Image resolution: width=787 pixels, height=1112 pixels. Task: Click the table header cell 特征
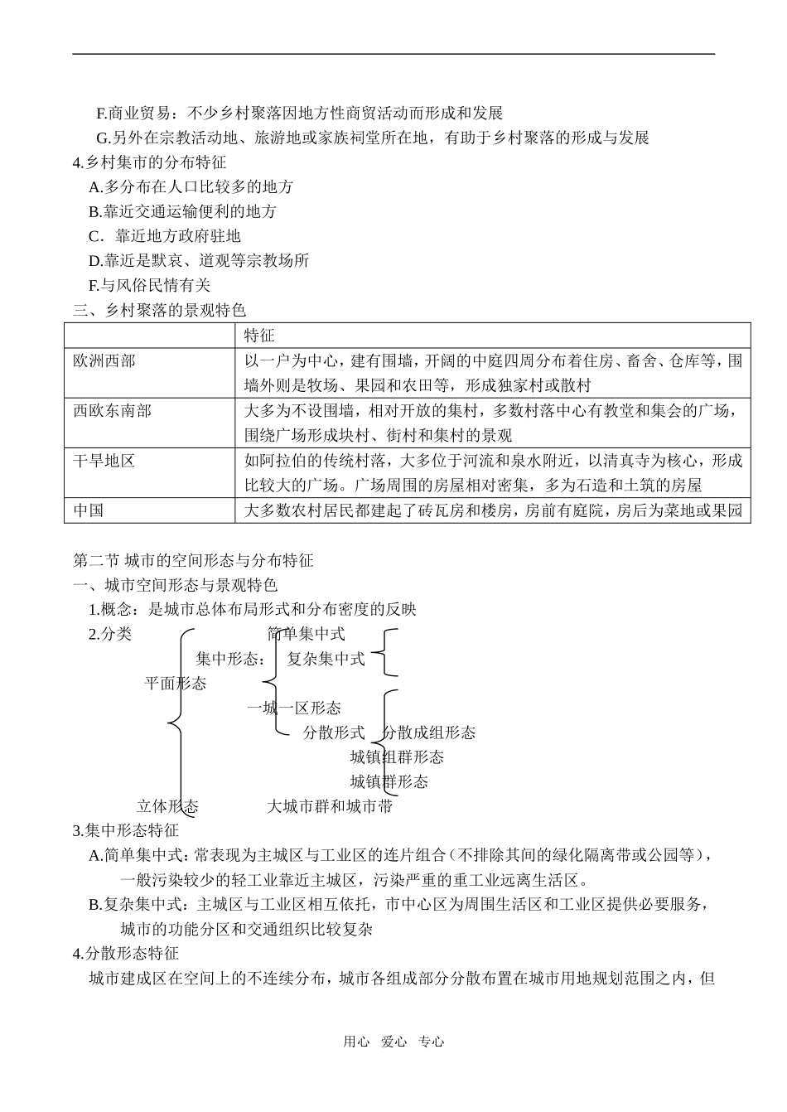[259, 336]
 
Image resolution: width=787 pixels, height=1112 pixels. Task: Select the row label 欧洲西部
[104, 361]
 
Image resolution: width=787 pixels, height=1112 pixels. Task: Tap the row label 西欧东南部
[112, 411]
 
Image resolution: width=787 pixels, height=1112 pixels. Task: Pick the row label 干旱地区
[104, 461]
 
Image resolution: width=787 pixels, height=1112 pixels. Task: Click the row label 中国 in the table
[89, 510]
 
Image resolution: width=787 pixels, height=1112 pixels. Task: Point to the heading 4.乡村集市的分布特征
[149, 162]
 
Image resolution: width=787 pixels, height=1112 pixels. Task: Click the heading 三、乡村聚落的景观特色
[159, 311]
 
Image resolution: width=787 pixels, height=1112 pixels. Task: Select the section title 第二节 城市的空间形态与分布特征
[193, 560]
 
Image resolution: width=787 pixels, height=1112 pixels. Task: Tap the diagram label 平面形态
[176, 684]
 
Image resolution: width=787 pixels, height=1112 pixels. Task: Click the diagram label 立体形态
[167, 806]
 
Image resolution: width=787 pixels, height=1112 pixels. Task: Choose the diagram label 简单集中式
[306, 634]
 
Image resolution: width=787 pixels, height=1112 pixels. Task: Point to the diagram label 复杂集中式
[326, 659]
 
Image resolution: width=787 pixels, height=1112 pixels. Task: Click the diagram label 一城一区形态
[294, 708]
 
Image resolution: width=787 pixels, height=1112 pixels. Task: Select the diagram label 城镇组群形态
[397, 757]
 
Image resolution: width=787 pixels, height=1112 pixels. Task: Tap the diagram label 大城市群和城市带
[330, 806]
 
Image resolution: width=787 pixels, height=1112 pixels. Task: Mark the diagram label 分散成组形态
[429, 732]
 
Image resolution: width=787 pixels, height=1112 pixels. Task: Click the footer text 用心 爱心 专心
[393, 1042]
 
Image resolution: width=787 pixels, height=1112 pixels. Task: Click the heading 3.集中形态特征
[126, 830]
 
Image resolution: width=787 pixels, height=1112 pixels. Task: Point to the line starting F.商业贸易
[299, 113]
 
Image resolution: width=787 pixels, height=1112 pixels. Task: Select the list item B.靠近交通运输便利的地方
[182, 211]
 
